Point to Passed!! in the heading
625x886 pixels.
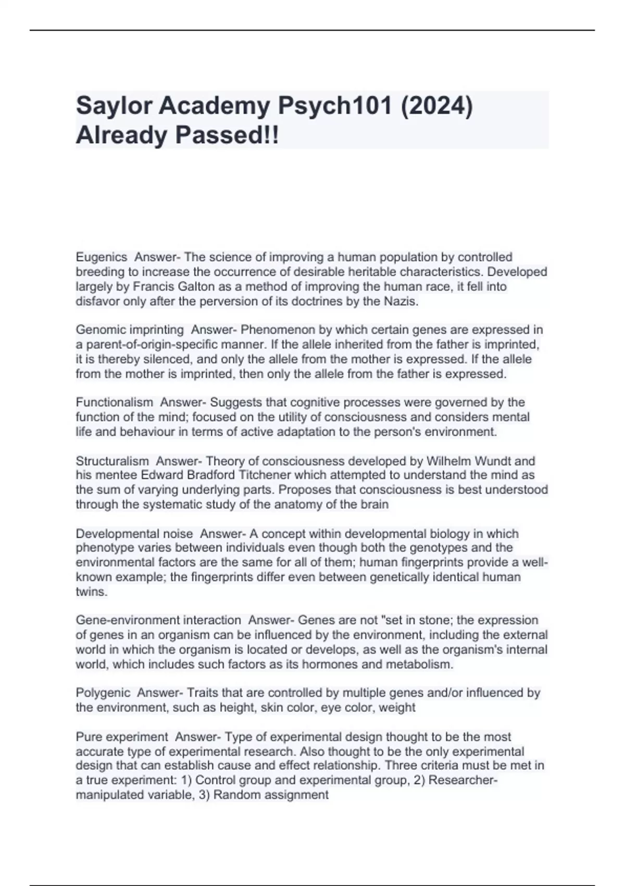pos(227,136)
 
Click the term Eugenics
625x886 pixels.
pos(102,257)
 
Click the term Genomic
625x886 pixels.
pos(97,330)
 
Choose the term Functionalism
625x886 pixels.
pos(115,402)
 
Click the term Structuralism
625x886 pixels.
pos(113,461)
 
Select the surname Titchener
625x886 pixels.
pos(266,475)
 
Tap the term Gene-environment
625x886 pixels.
pos(131,620)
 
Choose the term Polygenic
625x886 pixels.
pos(103,693)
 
